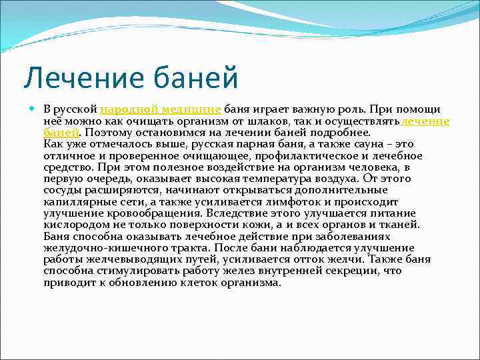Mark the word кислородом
point(72,225)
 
